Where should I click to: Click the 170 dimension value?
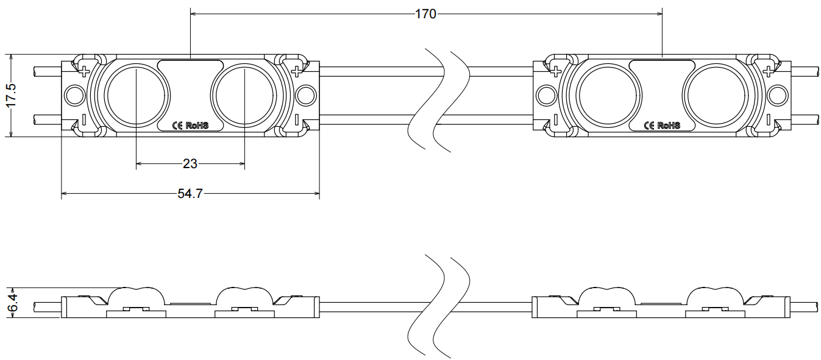click(x=425, y=14)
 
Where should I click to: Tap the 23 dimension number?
click(x=190, y=164)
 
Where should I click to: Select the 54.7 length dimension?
click(x=190, y=193)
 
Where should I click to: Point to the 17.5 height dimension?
click(x=12, y=95)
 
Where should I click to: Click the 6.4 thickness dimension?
click(x=12, y=302)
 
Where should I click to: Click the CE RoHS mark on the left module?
click(x=190, y=125)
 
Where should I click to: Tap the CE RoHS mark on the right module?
click(x=662, y=125)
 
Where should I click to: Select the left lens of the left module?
click(x=137, y=96)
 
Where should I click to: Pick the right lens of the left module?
click(x=244, y=96)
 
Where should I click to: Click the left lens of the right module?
click(x=609, y=96)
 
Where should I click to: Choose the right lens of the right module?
click(x=716, y=96)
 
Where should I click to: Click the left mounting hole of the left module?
click(x=75, y=96)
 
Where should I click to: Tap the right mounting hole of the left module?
click(x=306, y=96)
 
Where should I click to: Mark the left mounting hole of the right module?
click(x=547, y=96)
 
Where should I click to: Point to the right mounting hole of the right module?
click(x=778, y=96)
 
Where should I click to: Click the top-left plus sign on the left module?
click(x=85, y=71)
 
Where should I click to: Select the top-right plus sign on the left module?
click(x=296, y=71)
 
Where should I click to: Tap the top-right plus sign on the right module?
click(x=768, y=71)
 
